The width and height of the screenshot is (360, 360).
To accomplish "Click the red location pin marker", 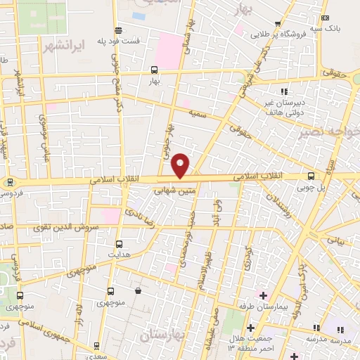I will (x=181, y=165).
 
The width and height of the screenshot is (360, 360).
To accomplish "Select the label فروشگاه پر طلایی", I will (x=285, y=33).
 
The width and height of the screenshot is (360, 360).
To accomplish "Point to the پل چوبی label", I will (x=310, y=188).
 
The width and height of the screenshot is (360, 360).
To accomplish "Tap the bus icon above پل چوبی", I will (x=311, y=176).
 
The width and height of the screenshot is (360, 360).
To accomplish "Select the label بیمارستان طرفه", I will (x=264, y=307).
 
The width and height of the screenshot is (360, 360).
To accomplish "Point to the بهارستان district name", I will (x=163, y=336).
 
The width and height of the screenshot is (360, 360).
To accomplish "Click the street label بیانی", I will (x=336, y=240).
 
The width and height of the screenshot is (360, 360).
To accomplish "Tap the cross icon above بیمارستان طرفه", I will (x=264, y=295).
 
